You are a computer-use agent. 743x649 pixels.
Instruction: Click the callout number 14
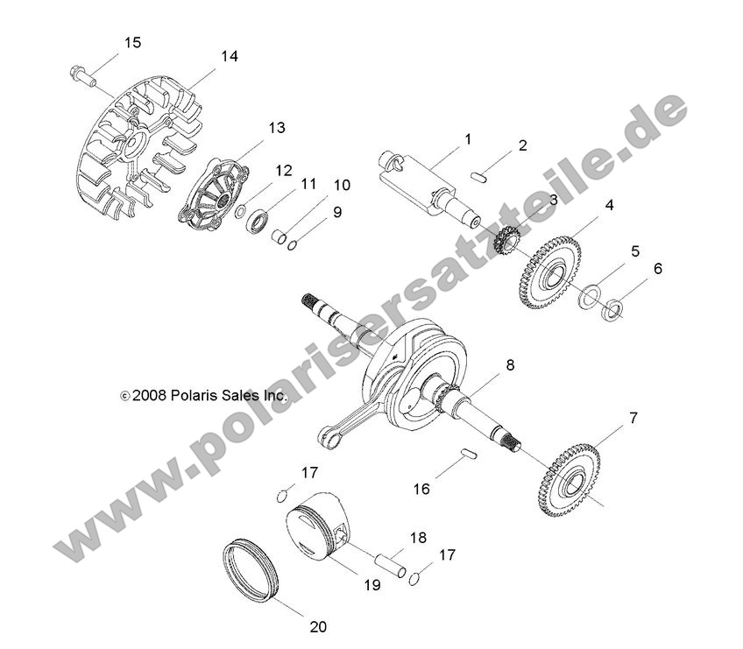[x=229, y=56]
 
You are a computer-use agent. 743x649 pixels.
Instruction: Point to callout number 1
[x=468, y=139]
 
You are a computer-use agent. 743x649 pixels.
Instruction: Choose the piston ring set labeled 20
[x=251, y=573]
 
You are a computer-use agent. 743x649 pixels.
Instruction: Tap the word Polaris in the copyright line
[x=193, y=396]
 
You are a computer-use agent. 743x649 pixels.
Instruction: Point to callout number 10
[x=342, y=185]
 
